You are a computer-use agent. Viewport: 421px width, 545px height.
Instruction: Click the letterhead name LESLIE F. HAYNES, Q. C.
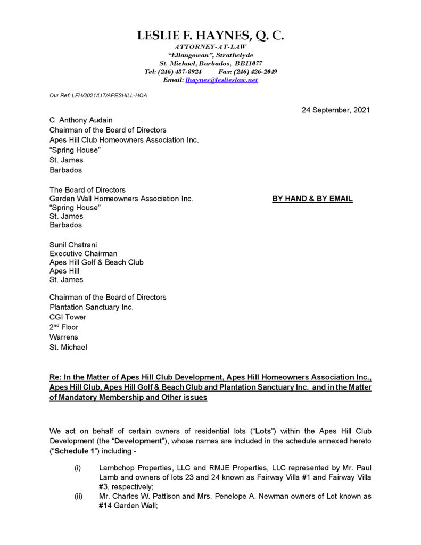[x=210, y=36]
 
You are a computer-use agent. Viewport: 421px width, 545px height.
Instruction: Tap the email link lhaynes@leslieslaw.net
[x=221, y=79]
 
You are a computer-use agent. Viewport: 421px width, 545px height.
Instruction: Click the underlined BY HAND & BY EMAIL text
[x=312, y=199]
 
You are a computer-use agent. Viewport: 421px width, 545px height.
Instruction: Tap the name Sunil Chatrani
[x=73, y=245]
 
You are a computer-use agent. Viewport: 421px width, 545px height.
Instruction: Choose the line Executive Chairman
[x=83, y=254]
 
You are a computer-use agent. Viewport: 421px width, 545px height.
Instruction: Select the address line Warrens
[x=64, y=337]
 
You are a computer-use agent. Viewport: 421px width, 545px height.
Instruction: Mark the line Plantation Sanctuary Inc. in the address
[x=92, y=307]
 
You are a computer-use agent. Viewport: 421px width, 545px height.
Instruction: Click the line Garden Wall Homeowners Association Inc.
[x=121, y=199]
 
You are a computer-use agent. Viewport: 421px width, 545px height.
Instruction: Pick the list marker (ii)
[x=79, y=496]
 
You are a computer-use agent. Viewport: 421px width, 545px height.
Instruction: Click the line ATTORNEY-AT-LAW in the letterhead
[x=211, y=47]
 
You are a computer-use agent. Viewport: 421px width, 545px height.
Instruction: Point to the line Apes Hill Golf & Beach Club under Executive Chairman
[x=96, y=262]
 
